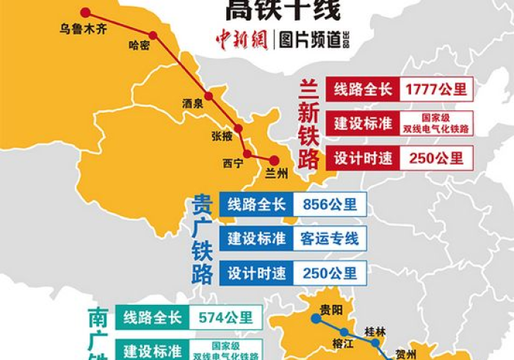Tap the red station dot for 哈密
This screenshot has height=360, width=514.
[x=153, y=35]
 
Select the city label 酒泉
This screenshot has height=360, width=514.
[x=192, y=104]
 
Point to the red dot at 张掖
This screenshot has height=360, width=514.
[x=237, y=125]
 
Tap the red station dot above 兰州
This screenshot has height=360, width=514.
[x=274, y=160]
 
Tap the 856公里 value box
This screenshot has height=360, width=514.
[x=329, y=204]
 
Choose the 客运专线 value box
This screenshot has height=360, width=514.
[x=329, y=238]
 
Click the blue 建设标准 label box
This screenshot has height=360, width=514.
[x=256, y=238]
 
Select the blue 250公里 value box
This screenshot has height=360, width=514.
[x=329, y=273]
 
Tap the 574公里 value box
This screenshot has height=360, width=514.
[x=225, y=317]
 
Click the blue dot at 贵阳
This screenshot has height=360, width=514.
[x=316, y=319]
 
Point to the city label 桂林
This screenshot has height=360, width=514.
[x=377, y=331]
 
